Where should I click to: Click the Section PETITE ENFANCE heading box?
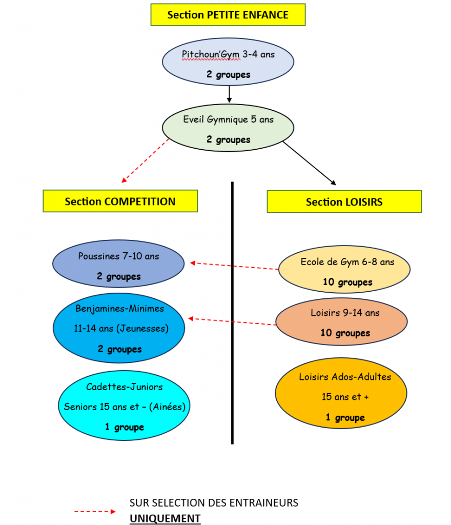(228, 15)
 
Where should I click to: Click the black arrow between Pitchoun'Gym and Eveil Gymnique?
(229, 94)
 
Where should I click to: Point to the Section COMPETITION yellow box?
(120, 201)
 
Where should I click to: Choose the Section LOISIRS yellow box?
(344, 201)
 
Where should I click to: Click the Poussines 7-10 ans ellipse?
(118, 264)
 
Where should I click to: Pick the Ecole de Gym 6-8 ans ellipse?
(344, 270)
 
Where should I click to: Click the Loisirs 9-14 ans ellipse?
(341, 321)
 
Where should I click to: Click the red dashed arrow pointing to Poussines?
(234, 266)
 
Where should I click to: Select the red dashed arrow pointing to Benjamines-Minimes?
(232, 321)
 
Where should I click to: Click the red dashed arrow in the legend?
(95, 512)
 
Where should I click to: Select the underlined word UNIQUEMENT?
(165, 518)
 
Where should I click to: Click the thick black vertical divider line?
(232, 313)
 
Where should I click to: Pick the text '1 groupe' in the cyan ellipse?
(125, 427)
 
